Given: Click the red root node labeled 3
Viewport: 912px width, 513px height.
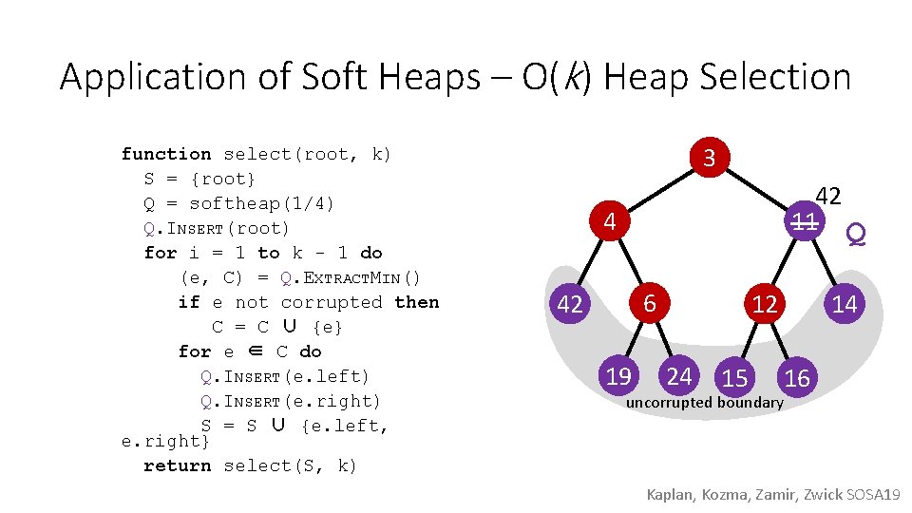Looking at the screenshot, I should tap(709, 158).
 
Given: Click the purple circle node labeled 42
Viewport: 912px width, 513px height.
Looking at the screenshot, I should tap(570, 304).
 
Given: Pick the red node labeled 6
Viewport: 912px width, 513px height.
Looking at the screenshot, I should tap(650, 304).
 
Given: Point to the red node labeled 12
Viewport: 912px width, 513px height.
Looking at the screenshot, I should tap(765, 304).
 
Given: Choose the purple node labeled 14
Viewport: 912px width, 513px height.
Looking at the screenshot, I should tap(844, 304).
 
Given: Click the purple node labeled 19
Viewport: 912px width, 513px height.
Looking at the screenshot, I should tap(618, 377).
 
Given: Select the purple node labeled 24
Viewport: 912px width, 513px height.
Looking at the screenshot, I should tap(678, 377).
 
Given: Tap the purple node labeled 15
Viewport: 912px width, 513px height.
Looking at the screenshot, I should tap(734, 378).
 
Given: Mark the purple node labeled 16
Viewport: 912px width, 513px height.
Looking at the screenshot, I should tap(796, 378).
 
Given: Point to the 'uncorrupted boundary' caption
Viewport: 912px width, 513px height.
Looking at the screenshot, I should tap(704, 403).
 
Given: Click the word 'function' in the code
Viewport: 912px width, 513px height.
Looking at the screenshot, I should tap(166, 154).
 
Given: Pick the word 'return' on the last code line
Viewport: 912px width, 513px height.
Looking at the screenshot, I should tap(177, 465).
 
